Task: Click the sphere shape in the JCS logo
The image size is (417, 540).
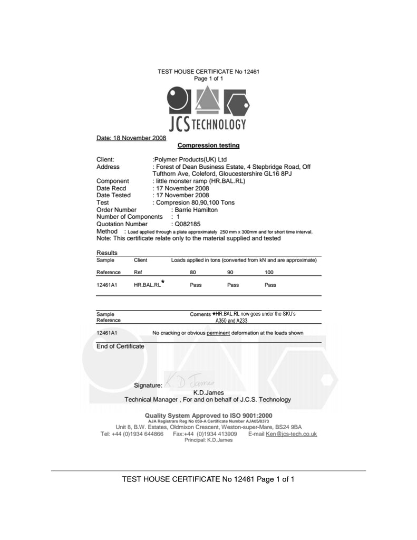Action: click(x=178, y=99)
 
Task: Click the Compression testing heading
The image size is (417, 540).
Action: click(x=208, y=145)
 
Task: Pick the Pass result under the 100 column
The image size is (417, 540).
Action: click(x=270, y=285)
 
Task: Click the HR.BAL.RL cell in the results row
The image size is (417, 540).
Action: click(x=147, y=285)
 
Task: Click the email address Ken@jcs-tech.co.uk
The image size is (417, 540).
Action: click(x=291, y=434)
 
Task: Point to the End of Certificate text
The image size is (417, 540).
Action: click(x=120, y=346)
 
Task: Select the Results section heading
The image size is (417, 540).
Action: click(x=106, y=253)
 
